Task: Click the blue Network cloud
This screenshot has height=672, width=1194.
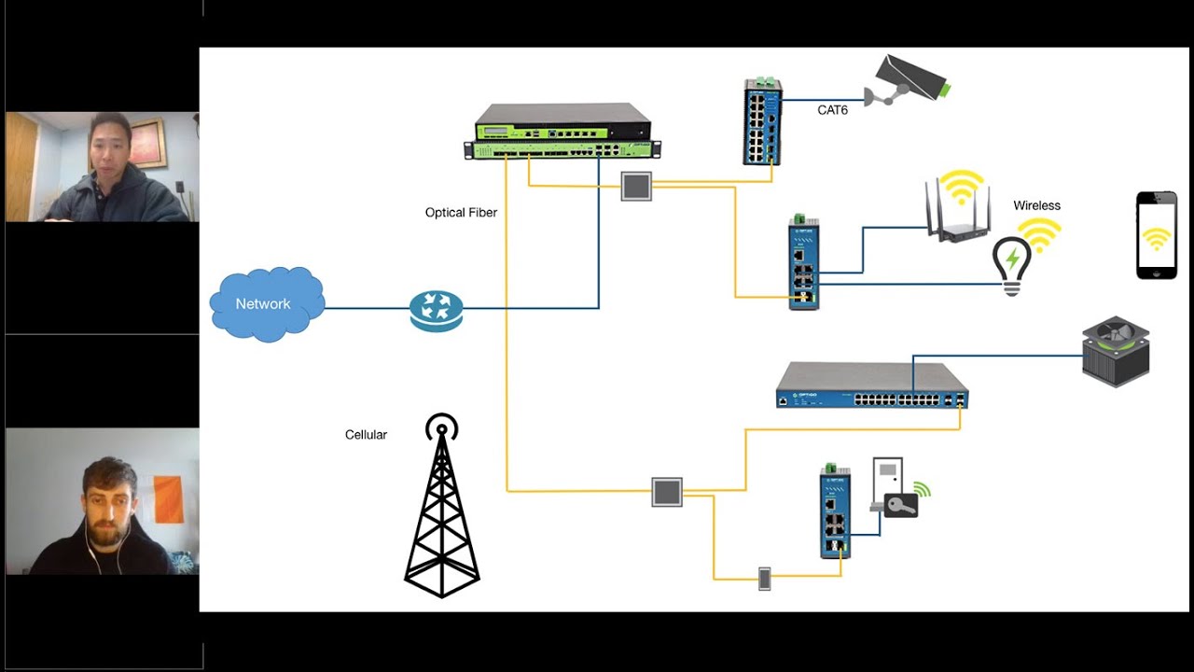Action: coord(266,304)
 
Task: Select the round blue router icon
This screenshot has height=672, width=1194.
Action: coord(436,309)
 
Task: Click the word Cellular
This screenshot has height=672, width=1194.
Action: coord(366,435)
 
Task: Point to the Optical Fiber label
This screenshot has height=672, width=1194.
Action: coord(461,213)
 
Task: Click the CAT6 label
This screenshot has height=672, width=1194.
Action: coord(833,110)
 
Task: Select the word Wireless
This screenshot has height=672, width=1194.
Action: coord(1036,205)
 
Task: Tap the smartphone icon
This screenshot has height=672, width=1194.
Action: coord(1156,235)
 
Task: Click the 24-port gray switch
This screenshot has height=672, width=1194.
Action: coord(871,385)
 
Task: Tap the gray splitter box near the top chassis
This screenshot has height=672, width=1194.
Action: coord(636,186)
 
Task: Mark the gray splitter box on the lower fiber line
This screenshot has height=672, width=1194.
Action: coord(667,492)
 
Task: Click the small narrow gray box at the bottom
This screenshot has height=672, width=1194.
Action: coord(764,579)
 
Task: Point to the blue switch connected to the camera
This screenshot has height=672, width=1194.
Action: coord(762,122)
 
